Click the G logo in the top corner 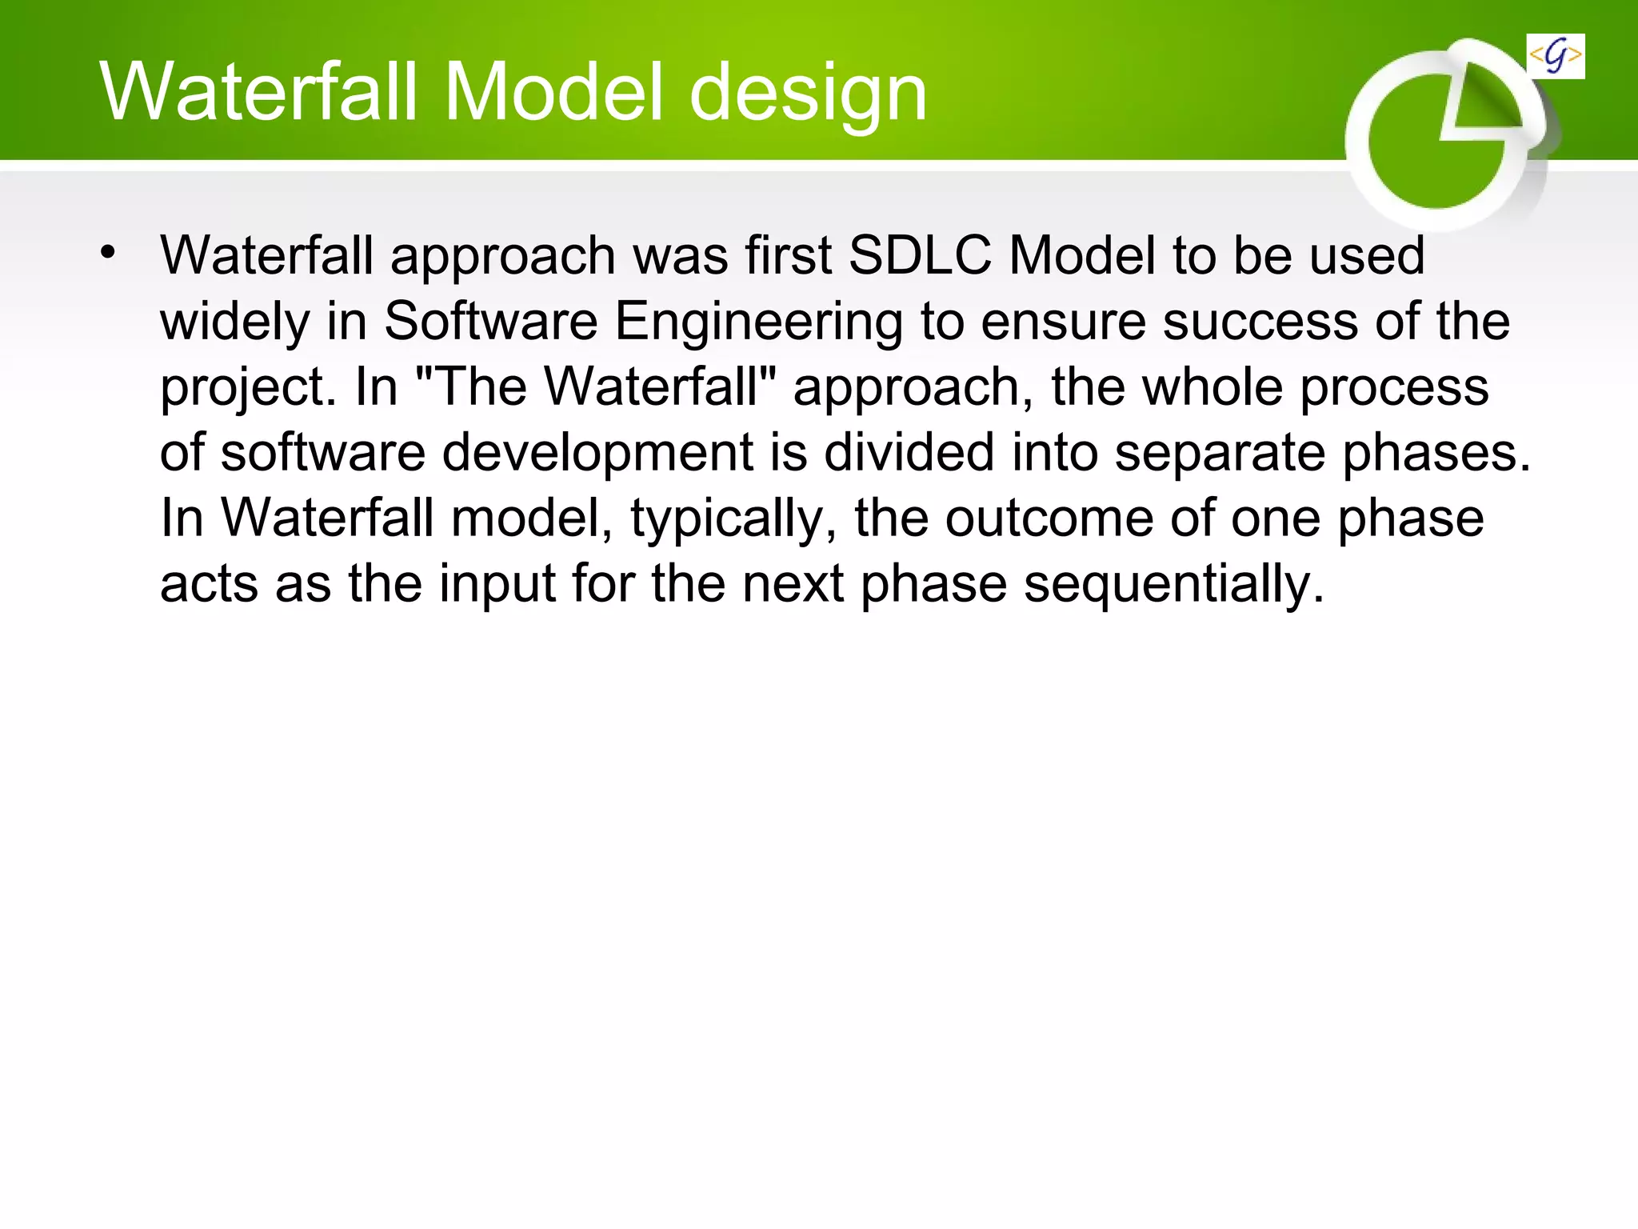[1555, 57]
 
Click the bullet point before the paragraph [108, 253]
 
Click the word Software [490, 322]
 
